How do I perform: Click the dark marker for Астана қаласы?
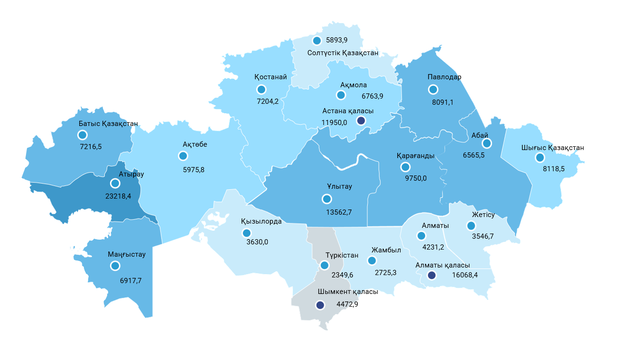tap(361, 121)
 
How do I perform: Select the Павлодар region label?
tap(444, 77)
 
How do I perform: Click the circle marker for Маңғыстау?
tap(115, 266)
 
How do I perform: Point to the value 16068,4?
tap(465, 275)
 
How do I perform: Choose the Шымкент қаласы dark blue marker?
tap(320, 305)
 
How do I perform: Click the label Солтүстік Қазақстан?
tap(343, 53)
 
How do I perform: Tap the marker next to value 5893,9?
tap(317, 41)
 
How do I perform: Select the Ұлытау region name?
tap(339, 186)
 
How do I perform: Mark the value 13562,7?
tap(339, 212)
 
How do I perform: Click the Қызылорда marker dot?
tap(246, 233)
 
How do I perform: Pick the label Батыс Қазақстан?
tap(108, 124)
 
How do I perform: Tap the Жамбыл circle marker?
tap(372, 260)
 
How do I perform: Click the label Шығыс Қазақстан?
tap(553, 148)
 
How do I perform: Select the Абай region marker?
tap(486, 143)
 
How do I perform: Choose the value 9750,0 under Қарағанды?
tap(416, 178)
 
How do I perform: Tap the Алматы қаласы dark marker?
tap(431, 276)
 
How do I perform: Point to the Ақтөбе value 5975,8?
tap(193, 169)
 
